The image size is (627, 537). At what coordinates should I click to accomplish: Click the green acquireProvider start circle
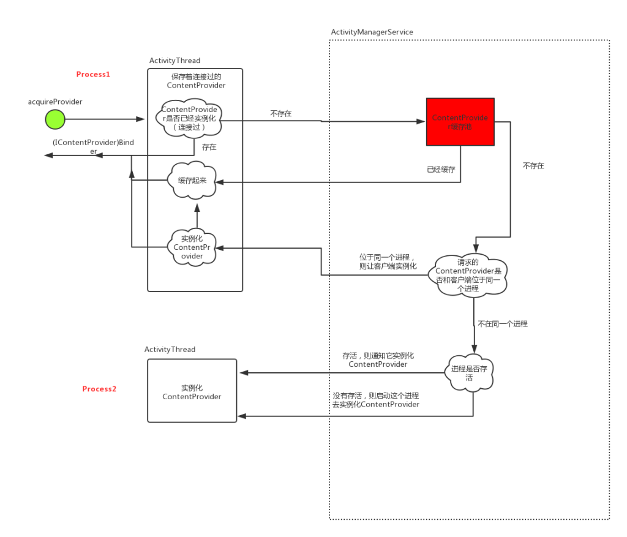point(55,119)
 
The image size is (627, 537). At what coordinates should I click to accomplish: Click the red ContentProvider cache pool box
point(460,122)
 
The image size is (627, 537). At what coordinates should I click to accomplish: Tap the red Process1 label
point(93,74)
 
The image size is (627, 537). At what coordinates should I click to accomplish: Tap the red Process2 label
point(99,389)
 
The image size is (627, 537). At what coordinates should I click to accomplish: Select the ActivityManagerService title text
point(372,32)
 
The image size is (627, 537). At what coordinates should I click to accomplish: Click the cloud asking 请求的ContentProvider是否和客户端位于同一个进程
point(468,275)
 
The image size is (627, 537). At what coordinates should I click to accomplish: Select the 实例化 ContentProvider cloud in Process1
point(192,247)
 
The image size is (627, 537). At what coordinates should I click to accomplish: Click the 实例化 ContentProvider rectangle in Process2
point(192,391)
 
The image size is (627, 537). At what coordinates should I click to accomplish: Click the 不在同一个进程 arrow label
point(503,323)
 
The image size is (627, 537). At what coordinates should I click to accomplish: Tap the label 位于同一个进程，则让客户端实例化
point(388,262)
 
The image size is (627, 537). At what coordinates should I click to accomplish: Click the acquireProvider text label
point(55,102)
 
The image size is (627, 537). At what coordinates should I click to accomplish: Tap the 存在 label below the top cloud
point(209,147)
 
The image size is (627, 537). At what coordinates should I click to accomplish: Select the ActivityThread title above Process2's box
point(170,349)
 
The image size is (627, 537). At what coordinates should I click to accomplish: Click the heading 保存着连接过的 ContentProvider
point(196,81)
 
